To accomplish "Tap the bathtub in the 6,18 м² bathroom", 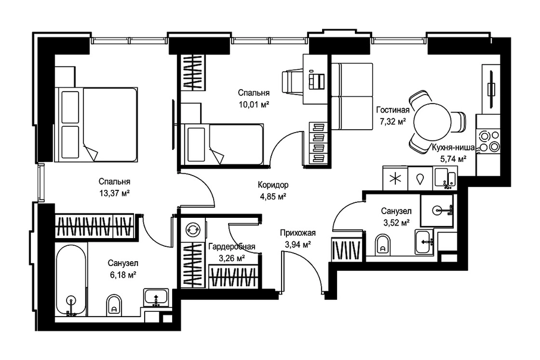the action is click(71, 280).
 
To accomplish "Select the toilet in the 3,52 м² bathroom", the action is click(382, 243).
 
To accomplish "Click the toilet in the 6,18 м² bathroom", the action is click(114, 304).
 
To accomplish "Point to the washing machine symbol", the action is click(192, 228).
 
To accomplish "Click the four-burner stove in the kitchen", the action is click(488, 141).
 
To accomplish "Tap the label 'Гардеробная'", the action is click(232, 246).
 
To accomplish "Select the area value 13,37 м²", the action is click(114, 193).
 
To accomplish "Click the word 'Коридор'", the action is click(273, 185).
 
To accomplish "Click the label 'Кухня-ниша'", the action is click(453, 148).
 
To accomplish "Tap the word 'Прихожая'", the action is click(298, 233).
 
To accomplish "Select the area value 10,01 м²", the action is click(254, 104).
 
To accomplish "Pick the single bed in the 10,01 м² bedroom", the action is click(224, 145).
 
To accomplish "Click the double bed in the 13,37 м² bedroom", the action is click(98, 124).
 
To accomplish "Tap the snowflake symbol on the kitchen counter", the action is click(395, 179).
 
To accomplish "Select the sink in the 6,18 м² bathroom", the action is click(156, 298).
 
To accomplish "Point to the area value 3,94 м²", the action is click(298, 245).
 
